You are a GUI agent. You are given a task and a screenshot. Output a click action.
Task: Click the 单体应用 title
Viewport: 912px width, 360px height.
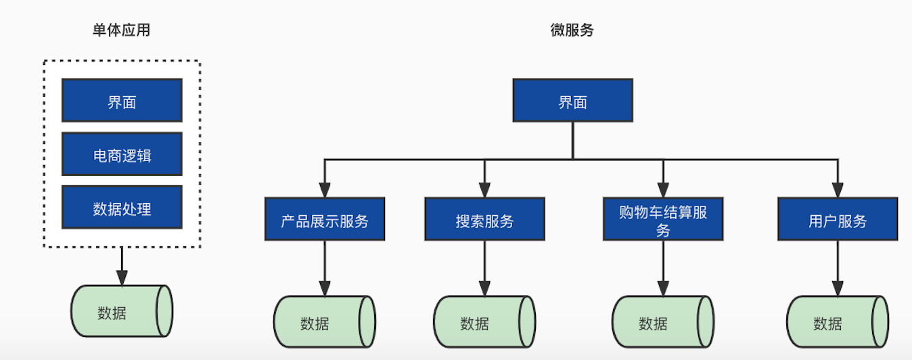(x=122, y=30)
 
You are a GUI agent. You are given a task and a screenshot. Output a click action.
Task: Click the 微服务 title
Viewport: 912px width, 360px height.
(x=572, y=30)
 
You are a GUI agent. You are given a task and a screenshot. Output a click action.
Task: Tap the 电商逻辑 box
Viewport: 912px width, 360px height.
(x=122, y=154)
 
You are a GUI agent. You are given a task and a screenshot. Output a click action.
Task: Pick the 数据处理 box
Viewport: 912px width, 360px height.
(x=122, y=207)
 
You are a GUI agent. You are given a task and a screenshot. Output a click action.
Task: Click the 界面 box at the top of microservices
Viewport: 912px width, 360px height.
(x=572, y=101)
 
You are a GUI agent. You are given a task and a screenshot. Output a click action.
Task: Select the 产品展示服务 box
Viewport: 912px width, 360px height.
(x=325, y=219)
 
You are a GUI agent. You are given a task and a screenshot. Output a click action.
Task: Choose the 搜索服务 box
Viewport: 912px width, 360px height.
(x=484, y=219)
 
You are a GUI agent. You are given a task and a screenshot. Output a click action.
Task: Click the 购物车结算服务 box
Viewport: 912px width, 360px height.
(x=663, y=219)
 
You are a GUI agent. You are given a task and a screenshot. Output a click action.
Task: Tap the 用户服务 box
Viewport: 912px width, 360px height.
(x=838, y=219)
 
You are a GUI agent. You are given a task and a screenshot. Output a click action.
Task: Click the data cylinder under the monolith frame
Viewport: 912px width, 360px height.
(x=122, y=311)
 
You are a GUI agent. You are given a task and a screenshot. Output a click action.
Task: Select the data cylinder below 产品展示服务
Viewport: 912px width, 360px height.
(x=325, y=322)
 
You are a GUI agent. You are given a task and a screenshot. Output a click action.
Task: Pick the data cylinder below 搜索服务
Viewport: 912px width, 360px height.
(x=484, y=322)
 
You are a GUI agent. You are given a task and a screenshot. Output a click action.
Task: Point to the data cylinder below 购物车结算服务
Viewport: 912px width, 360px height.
(x=663, y=322)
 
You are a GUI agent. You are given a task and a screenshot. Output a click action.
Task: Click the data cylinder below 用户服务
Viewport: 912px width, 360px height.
(x=838, y=322)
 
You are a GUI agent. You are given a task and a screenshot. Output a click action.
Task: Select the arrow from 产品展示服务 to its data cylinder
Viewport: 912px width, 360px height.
(x=325, y=267)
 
